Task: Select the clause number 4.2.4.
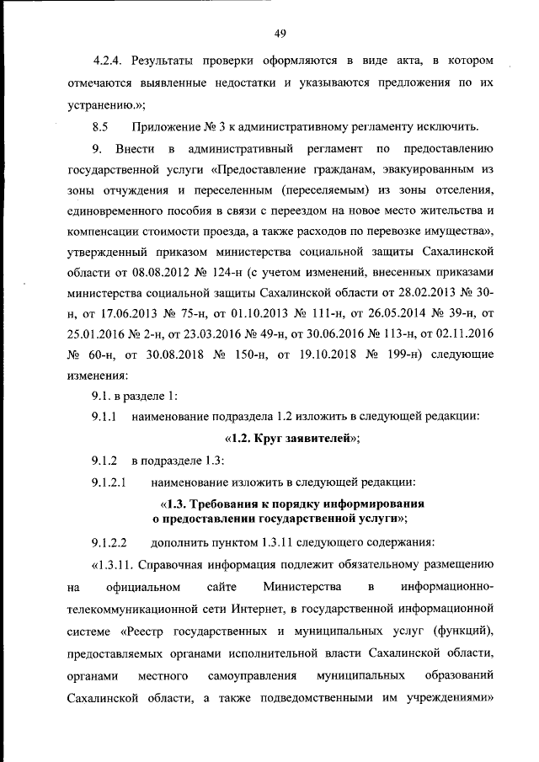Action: (x=109, y=62)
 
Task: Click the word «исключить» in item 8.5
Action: (x=449, y=127)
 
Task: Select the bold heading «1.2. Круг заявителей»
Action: (x=292, y=438)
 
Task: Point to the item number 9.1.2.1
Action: (x=109, y=482)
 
